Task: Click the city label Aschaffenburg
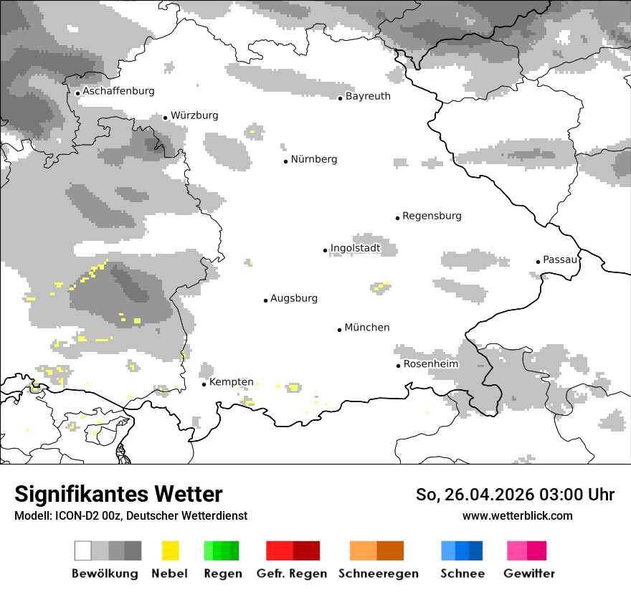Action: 118,91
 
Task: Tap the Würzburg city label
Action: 194,115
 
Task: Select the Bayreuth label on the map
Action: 368,96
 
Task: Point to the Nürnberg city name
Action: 313,159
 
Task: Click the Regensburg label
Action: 432,216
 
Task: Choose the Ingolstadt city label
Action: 355,249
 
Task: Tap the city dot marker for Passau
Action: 538,262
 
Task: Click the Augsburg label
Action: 293,298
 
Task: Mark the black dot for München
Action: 340,330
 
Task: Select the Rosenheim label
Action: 430,364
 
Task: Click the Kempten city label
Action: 231,382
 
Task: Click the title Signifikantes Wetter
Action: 118,495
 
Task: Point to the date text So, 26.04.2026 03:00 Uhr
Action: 515,495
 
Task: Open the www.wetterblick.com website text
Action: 517,515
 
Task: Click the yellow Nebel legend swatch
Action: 170,551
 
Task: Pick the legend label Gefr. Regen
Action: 292,573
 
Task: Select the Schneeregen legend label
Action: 378,573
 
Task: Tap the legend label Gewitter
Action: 529,573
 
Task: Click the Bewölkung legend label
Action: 105,573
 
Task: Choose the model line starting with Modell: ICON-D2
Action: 131,515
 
